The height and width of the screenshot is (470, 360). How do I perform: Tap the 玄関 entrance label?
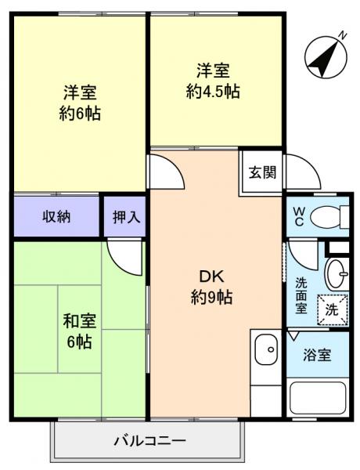coord(262,173)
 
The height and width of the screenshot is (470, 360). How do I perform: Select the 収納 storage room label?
coord(56,217)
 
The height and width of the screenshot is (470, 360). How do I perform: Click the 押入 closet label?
coord(125,217)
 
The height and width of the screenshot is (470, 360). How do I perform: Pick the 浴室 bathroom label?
coord(317,354)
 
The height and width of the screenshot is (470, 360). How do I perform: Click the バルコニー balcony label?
coord(149,440)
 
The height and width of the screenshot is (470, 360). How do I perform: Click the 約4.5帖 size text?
coord(213,91)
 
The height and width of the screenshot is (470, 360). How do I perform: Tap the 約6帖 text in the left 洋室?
coord(79,113)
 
